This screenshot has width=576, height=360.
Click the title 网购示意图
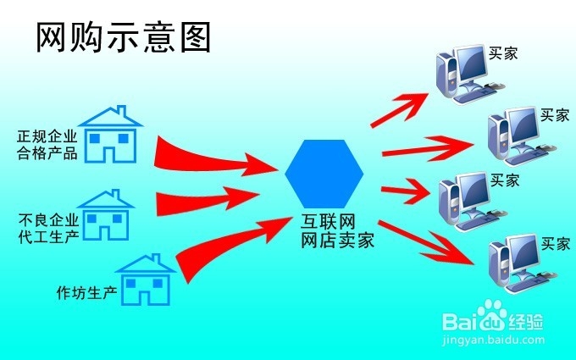point(123,37)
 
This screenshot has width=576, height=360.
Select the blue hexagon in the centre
point(324,174)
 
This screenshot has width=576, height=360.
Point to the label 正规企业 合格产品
point(47,145)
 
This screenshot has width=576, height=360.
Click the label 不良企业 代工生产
point(49,229)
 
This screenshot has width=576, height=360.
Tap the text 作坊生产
point(86,292)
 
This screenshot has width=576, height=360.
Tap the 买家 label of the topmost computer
point(503,53)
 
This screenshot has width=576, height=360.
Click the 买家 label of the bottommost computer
point(556,244)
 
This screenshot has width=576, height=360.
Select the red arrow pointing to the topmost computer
point(401,109)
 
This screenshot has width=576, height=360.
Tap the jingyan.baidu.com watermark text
point(493,340)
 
